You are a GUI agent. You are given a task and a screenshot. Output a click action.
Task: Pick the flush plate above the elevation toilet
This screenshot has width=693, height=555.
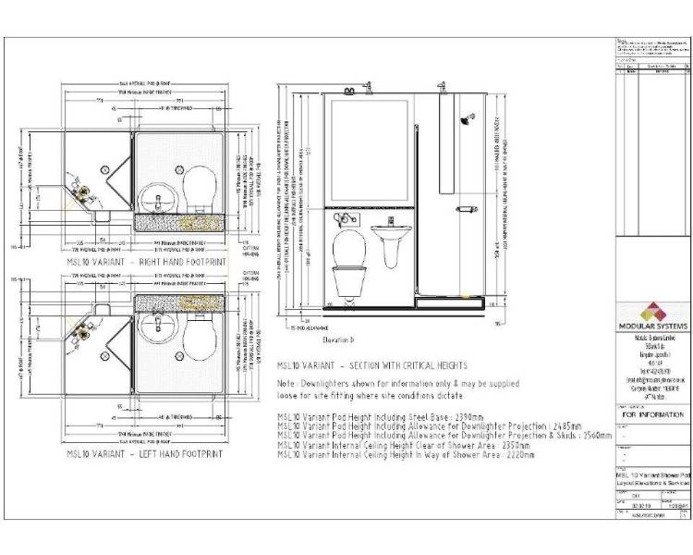pyautogui.click(x=346, y=219)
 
